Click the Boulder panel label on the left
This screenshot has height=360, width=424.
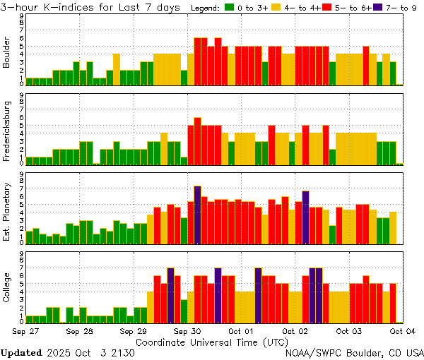click(7, 52)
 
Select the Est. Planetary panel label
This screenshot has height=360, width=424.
click(7, 212)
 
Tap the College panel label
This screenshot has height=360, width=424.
click(7, 289)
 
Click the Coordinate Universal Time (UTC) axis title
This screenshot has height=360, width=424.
click(213, 341)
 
